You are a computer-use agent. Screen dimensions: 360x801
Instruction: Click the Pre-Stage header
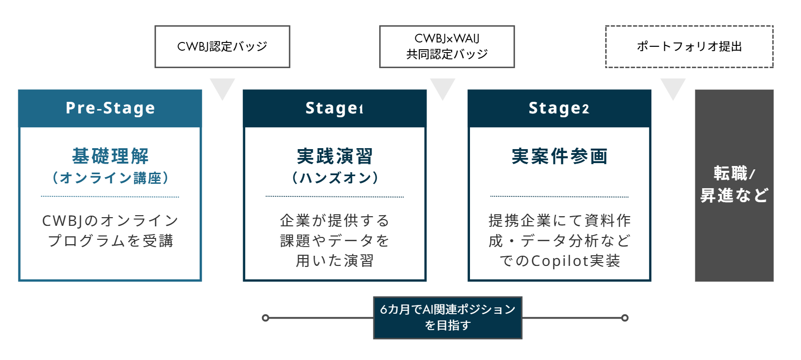tap(110, 108)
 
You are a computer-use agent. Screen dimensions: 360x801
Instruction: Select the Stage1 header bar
tap(334, 108)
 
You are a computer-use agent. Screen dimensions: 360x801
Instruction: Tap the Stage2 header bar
tap(559, 108)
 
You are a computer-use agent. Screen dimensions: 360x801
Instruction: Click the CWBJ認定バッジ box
tap(222, 46)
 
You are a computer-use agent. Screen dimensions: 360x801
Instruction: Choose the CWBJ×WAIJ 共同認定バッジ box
tap(447, 46)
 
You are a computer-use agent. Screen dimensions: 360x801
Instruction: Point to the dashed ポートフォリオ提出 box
tap(689, 46)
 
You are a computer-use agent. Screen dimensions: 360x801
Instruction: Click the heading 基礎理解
tap(110, 156)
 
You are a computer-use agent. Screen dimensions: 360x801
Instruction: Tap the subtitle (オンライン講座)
tap(110, 178)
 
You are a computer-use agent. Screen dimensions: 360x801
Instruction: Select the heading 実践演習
tap(334, 156)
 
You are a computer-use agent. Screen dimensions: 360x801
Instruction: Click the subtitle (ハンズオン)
tap(334, 178)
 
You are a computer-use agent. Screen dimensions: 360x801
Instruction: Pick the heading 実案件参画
tap(559, 156)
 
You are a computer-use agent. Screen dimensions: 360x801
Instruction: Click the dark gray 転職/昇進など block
tap(734, 185)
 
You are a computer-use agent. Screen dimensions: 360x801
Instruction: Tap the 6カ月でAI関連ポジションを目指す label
tap(447, 318)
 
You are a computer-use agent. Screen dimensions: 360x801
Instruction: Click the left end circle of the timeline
tap(265, 318)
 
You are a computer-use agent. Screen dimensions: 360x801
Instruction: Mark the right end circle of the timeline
tap(625, 318)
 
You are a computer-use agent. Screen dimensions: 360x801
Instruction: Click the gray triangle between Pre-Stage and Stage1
tap(222, 87)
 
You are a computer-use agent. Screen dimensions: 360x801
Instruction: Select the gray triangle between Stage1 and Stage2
tap(442, 87)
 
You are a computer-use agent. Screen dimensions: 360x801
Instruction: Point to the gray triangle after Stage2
tap(673, 87)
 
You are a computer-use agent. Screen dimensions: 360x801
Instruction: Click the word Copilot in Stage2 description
tap(559, 261)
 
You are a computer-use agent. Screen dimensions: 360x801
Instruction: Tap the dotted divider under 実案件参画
tap(559, 197)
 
